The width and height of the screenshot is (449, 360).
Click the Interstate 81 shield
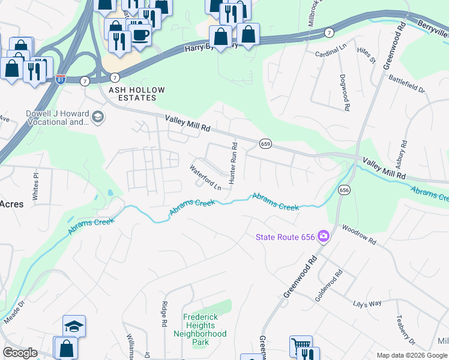(x=60, y=79)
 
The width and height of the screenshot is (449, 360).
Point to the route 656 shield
(x=343, y=190)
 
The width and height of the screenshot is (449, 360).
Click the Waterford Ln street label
(x=206, y=178)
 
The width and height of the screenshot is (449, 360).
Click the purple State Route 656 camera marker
(x=324, y=236)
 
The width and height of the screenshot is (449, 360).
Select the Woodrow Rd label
(x=359, y=235)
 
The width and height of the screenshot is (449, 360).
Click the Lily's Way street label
(x=367, y=304)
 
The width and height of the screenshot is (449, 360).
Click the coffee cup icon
(x=140, y=34)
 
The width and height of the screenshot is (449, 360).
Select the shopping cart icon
(x=301, y=346)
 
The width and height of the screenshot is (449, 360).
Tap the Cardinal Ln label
(x=331, y=54)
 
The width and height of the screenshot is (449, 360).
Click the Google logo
(x=20, y=353)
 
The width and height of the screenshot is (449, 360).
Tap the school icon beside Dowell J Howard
(x=98, y=118)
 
